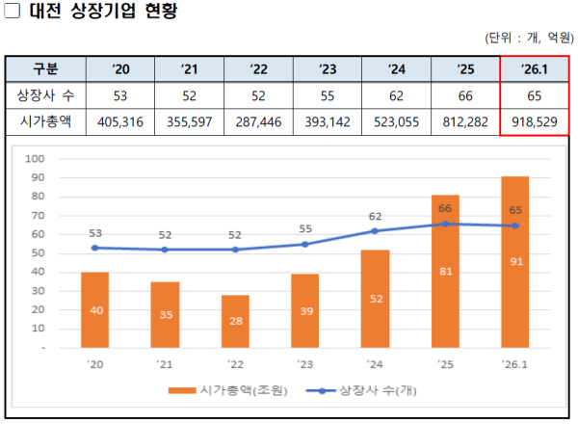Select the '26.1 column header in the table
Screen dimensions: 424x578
click(x=534, y=69)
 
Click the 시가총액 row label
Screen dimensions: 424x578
click(x=45, y=122)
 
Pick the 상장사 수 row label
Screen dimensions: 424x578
click(x=45, y=96)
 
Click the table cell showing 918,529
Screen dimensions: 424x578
click(x=534, y=122)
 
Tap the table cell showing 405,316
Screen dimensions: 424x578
click(x=120, y=122)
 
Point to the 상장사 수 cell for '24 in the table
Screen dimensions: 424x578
click(x=396, y=96)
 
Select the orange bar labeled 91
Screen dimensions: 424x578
click(x=514, y=261)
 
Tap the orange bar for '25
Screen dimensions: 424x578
click(x=445, y=271)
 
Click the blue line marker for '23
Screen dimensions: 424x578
click(x=304, y=244)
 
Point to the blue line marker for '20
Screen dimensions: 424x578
click(x=94, y=248)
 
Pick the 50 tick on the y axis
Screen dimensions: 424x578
click(x=39, y=252)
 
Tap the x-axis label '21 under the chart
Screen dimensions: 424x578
click(x=164, y=363)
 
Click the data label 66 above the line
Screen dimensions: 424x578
click(x=445, y=208)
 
